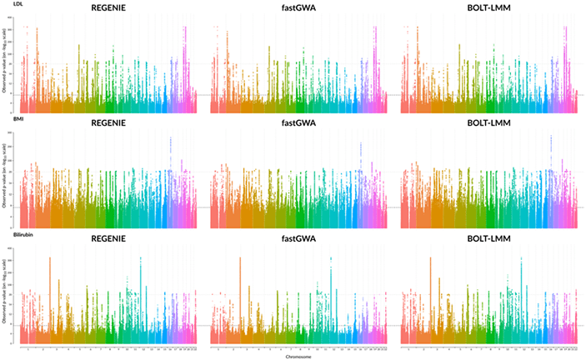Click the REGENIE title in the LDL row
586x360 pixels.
tap(108, 9)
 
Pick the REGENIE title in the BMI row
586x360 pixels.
tap(108, 125)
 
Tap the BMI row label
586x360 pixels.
tap(8, 120)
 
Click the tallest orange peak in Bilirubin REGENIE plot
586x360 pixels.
tap(51, 258)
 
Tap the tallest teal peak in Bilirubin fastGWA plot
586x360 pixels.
tap(331, 259)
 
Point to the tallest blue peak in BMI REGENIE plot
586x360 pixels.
tap(170, 139)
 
